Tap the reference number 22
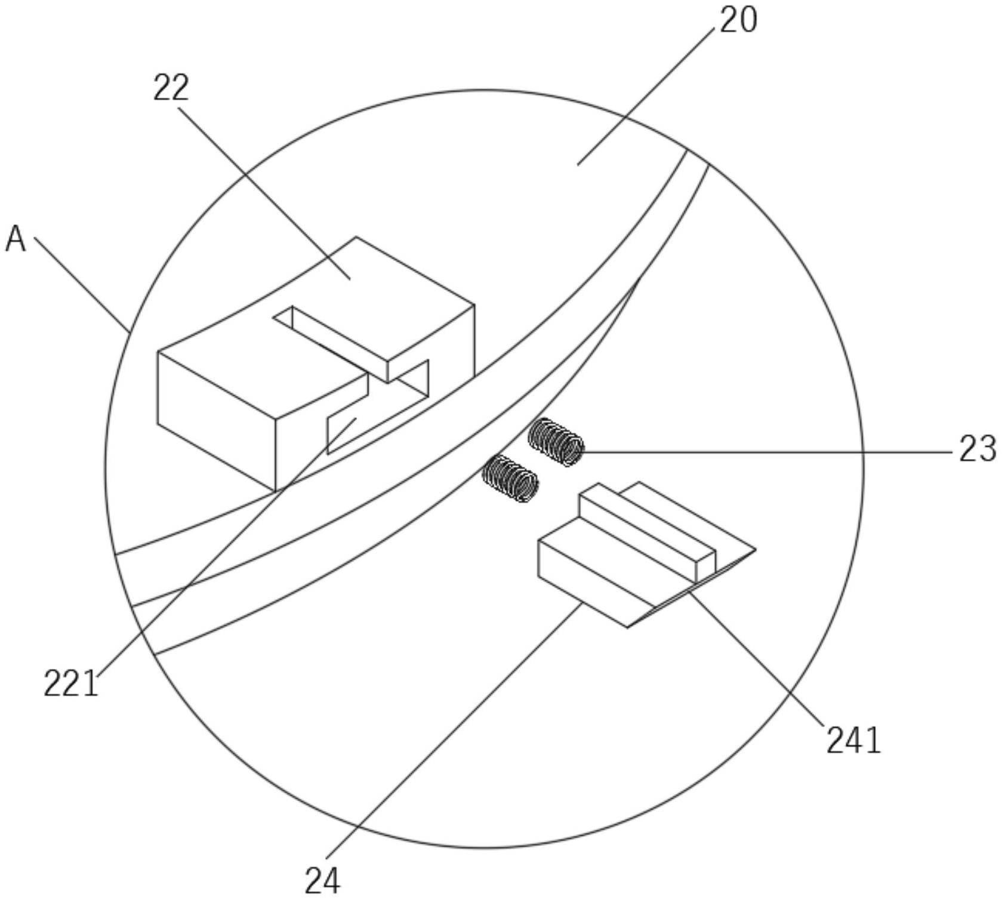point(171,88)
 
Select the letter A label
point(16,239)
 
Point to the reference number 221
point(70,684)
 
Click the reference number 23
point(977,449)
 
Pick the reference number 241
point(853,741)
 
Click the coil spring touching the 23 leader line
point(556,442)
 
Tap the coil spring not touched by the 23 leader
point(510,478)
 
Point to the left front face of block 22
point(215,418)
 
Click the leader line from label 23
point(764,452)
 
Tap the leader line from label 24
point(454,740)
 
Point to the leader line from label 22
point(263,191)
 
